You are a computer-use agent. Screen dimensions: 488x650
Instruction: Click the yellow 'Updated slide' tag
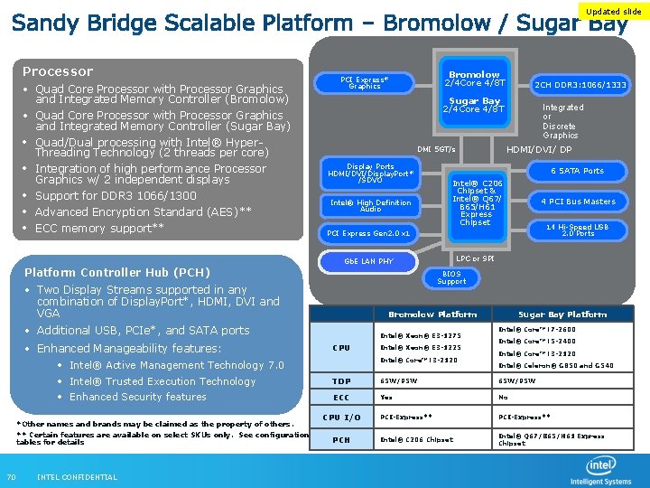click(x=614, y=12)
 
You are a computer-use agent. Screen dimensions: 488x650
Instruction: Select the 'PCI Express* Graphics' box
click(x=364, y=83)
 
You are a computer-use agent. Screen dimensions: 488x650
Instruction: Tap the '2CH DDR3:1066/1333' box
click(x=580, y=85)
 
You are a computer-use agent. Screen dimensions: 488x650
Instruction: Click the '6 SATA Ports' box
click(x=578, y=171)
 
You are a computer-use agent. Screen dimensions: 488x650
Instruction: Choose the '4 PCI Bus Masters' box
click(x=578, y=202)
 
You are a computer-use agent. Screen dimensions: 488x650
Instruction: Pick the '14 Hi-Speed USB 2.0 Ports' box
click(x=578, y=230)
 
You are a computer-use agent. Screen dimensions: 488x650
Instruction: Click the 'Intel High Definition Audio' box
click(x=370, y=205)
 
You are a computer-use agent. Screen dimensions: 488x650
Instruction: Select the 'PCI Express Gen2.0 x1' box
click(x=370, y=233)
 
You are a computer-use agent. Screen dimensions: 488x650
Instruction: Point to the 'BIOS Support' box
click(x=451, y=277)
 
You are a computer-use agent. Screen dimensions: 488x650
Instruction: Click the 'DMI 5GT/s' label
click(x=436, y=149)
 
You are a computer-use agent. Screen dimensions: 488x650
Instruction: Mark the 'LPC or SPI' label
click(x=475, y=259)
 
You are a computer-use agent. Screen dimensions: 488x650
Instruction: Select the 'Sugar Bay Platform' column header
click(x=562, y=314)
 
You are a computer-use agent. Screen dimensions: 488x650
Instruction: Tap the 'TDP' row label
click(x=341, y=380)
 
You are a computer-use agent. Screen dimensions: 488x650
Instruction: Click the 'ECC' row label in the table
click(x=341, y=398)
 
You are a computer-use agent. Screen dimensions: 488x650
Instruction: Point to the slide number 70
click(x=11, y=477)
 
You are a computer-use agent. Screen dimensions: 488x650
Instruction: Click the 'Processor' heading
click(x=58, y=71)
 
